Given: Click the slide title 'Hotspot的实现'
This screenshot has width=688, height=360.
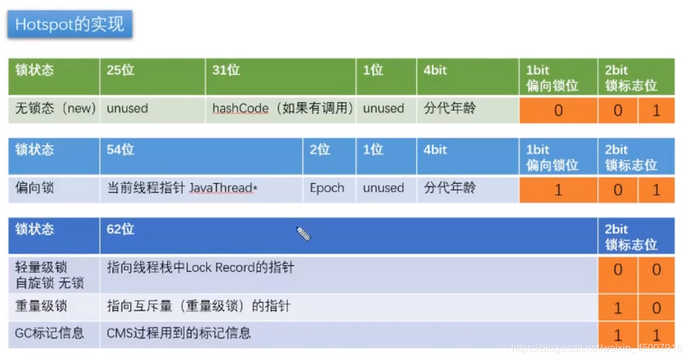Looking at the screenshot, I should coord(70,24).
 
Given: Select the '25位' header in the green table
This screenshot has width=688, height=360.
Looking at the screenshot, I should coord(120,70).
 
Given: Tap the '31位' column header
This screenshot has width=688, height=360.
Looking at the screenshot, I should coord(226,70).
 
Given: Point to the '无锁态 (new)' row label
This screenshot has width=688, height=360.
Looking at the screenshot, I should coord(55,109).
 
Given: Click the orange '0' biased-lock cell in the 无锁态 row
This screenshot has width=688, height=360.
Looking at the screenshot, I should coord(558,111).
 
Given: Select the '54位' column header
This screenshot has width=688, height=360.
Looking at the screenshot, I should coord(120,150).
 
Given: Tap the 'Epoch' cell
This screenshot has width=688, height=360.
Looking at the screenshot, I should coord(327,188).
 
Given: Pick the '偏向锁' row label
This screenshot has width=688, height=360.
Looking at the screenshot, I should coord(34,188).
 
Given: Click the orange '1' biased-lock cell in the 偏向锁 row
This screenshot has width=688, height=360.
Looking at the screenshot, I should coord(558,190).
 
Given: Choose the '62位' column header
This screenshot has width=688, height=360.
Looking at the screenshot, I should coord(120,230).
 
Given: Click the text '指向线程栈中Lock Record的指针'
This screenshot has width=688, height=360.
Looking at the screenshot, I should coord(201,268).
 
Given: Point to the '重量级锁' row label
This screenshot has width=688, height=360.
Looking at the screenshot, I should coord(41,307).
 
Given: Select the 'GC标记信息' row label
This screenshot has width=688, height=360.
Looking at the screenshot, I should coord(50,332).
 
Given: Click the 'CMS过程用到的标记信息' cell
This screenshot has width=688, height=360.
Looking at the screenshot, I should coord(179,332).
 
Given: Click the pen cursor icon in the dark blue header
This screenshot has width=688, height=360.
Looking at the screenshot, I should coord(304,234).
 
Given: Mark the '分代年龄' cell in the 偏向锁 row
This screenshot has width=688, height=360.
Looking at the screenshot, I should coord(450,188).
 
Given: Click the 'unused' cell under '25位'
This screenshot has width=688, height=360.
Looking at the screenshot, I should coord(127,109).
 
